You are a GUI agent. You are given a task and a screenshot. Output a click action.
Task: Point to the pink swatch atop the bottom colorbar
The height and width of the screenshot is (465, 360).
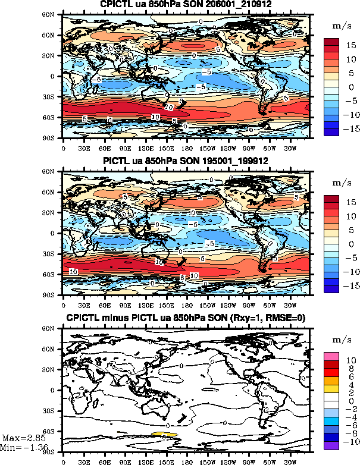331,355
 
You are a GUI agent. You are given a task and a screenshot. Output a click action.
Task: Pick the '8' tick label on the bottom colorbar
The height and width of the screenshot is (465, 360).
350,368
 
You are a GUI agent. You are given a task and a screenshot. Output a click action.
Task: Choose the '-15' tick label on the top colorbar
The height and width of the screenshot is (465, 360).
351,128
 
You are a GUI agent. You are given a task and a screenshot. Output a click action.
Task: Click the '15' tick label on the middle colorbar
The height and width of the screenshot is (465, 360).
351,202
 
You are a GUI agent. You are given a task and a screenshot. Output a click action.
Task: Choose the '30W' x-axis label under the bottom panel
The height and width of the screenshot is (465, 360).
289,460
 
